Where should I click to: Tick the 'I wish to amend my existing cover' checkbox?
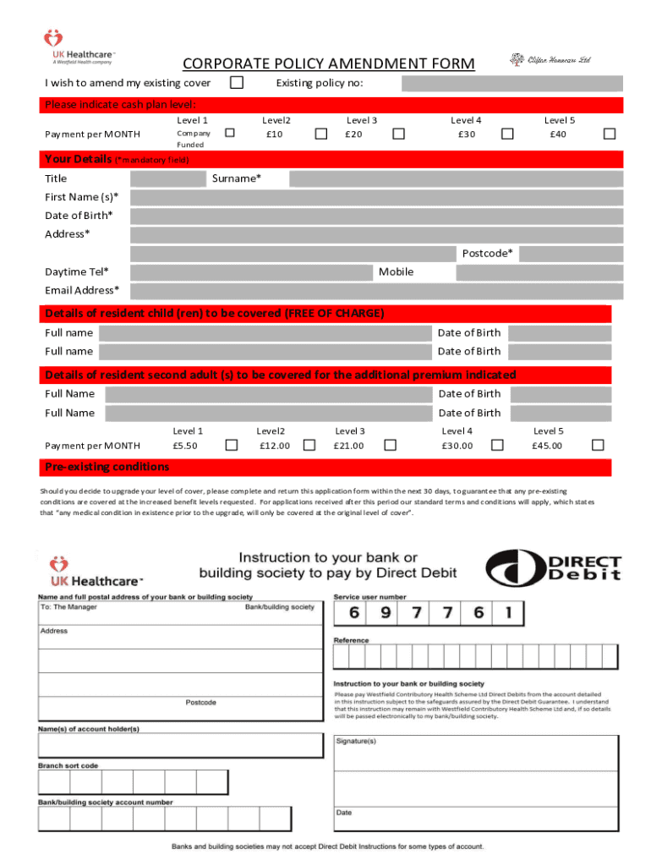click(238, 83)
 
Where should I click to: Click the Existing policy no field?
click(511, 83)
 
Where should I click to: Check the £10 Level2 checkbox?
click(321, 134)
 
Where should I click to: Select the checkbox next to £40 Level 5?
click(609, 134)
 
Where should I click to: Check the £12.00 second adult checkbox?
click(309, 445)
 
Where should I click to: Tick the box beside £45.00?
click(598, 445)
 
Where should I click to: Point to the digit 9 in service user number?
click(386, 613)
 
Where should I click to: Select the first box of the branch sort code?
click(53, 784)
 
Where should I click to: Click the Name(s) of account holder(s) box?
click(180, 745)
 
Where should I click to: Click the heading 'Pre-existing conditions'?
click(107, 467)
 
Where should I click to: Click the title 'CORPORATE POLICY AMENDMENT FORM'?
click(329, 64)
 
